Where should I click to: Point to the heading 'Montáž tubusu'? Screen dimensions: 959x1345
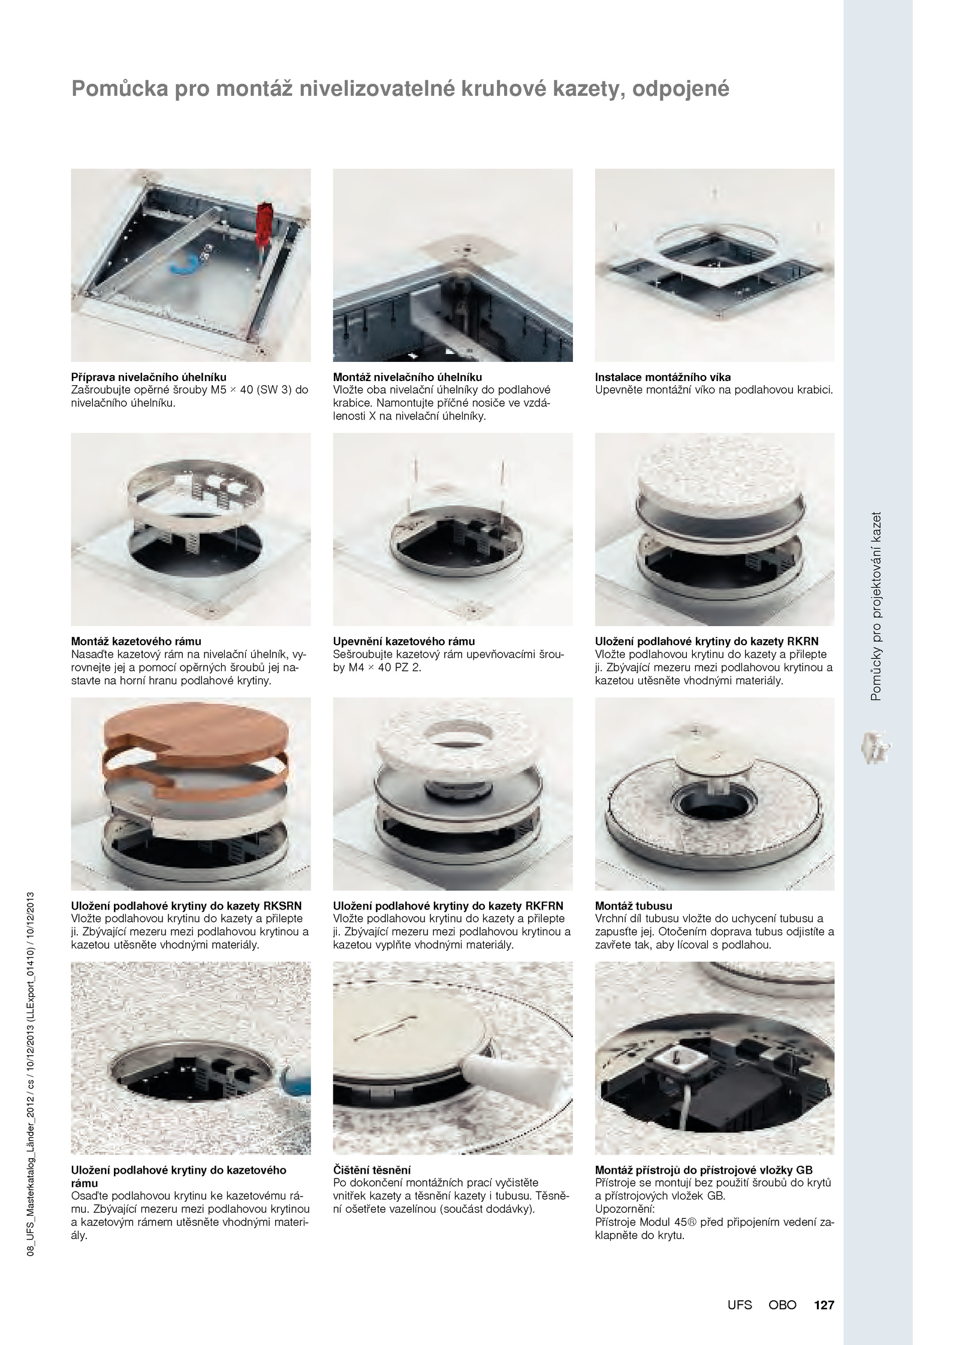(634, 905)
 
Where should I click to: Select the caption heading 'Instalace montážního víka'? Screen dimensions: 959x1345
(663, 377)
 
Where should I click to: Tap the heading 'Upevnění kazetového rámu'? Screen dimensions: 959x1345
(404, 641)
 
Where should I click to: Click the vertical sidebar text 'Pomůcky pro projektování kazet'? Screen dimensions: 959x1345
(876, 606)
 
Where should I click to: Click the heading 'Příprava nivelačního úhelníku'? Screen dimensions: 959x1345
(149, 377)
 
